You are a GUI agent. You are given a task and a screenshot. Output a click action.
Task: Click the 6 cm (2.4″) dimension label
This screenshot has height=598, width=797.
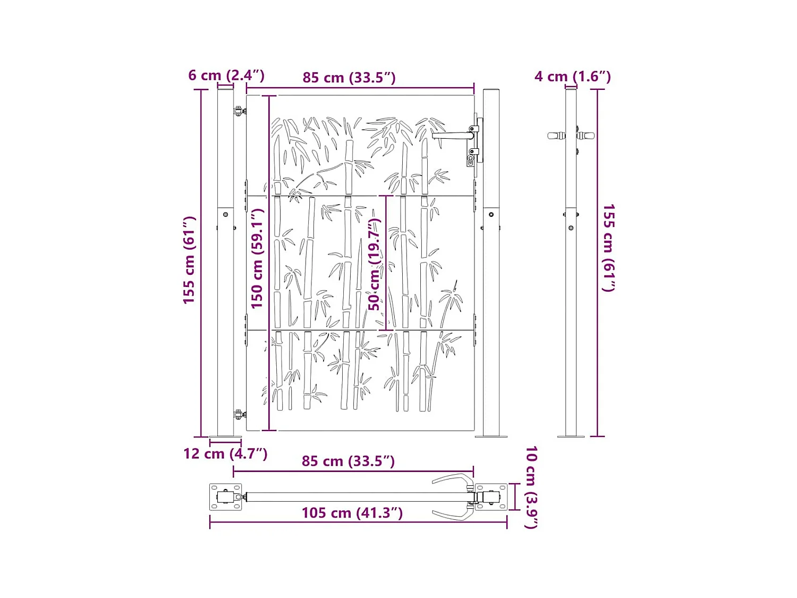(x=226, y=75)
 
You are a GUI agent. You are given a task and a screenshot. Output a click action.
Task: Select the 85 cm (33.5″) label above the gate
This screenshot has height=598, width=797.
(x=349, y=78)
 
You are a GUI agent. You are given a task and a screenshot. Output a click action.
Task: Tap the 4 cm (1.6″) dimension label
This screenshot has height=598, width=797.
(x=572, y=77)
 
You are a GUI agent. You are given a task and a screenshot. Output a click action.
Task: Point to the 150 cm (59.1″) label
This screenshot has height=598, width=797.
(x=257, y=259)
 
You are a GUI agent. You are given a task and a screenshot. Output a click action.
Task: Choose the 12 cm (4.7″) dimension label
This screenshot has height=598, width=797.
(x=225, y=454)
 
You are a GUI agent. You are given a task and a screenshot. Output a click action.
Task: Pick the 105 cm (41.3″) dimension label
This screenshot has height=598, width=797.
(x=352, y=513)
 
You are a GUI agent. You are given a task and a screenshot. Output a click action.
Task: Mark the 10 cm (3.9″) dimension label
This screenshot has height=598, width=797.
(x=531, y=487)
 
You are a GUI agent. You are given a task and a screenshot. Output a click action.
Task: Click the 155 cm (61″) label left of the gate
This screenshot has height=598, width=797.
(x=189, y=260)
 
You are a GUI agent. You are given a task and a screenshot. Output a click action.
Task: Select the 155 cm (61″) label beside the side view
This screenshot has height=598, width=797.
(x=608, y=248)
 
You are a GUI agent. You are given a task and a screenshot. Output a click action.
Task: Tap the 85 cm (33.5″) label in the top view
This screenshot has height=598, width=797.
(x=348, y=461)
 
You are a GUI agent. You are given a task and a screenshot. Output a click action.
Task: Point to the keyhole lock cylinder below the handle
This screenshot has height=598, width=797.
(x=471, y=159)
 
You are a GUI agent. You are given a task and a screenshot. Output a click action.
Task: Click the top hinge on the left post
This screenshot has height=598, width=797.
(x=239, y=111)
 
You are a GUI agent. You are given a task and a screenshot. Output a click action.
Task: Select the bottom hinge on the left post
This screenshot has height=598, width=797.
(x=239, y=414)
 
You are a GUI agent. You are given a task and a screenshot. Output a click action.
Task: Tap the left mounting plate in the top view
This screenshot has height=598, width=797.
(x=225, y=497)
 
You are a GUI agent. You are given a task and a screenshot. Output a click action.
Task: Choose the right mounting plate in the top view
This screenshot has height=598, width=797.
(x=491, y=497)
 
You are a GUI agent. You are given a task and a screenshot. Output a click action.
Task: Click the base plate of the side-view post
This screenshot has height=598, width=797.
(x=571, y=436)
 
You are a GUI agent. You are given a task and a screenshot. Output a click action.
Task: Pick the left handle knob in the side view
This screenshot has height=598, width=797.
(x=556, y=136)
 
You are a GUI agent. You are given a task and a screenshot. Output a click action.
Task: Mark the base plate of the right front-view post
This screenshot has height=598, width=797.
(x=491, y=436)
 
